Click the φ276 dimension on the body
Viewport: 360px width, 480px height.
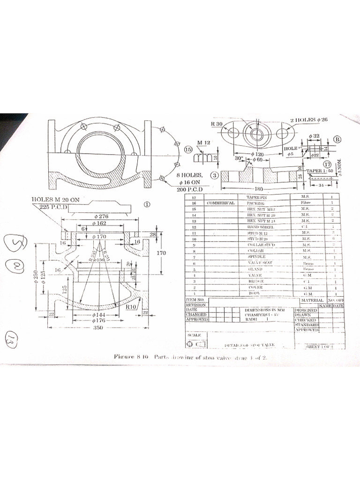point(101,216)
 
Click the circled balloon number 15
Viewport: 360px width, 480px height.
point(189,150)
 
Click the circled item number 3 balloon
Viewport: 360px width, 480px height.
point(214,175)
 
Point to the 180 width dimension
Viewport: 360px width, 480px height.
point(260,189)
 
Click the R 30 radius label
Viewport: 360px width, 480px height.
point(217,124)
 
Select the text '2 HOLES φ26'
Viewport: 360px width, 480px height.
point(309,120)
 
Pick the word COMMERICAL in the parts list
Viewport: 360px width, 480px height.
point(220,203)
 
